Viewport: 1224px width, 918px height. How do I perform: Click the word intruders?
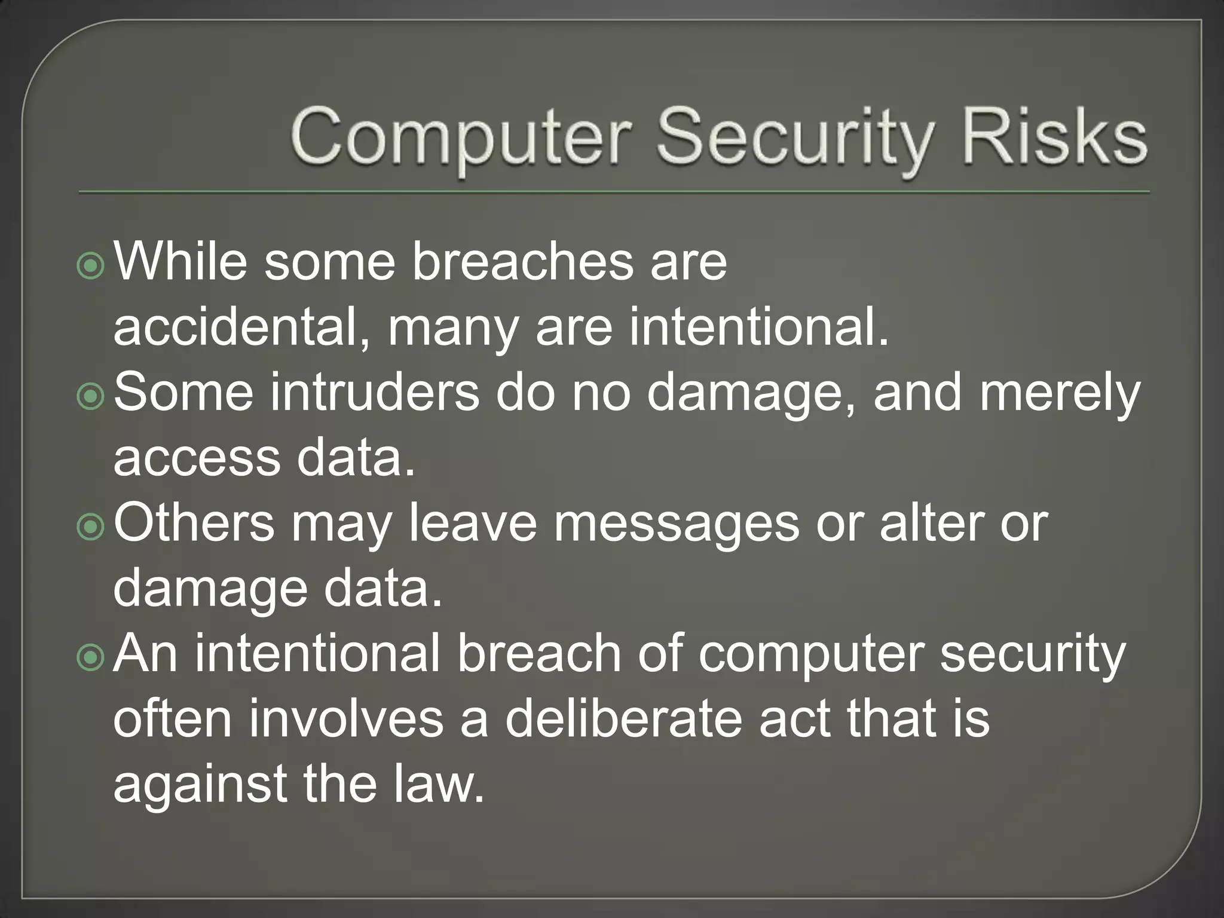(375, 393)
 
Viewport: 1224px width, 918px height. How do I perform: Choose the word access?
(197, 458)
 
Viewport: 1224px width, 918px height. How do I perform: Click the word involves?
(346, 719)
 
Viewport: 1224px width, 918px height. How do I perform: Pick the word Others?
(194, 524)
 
